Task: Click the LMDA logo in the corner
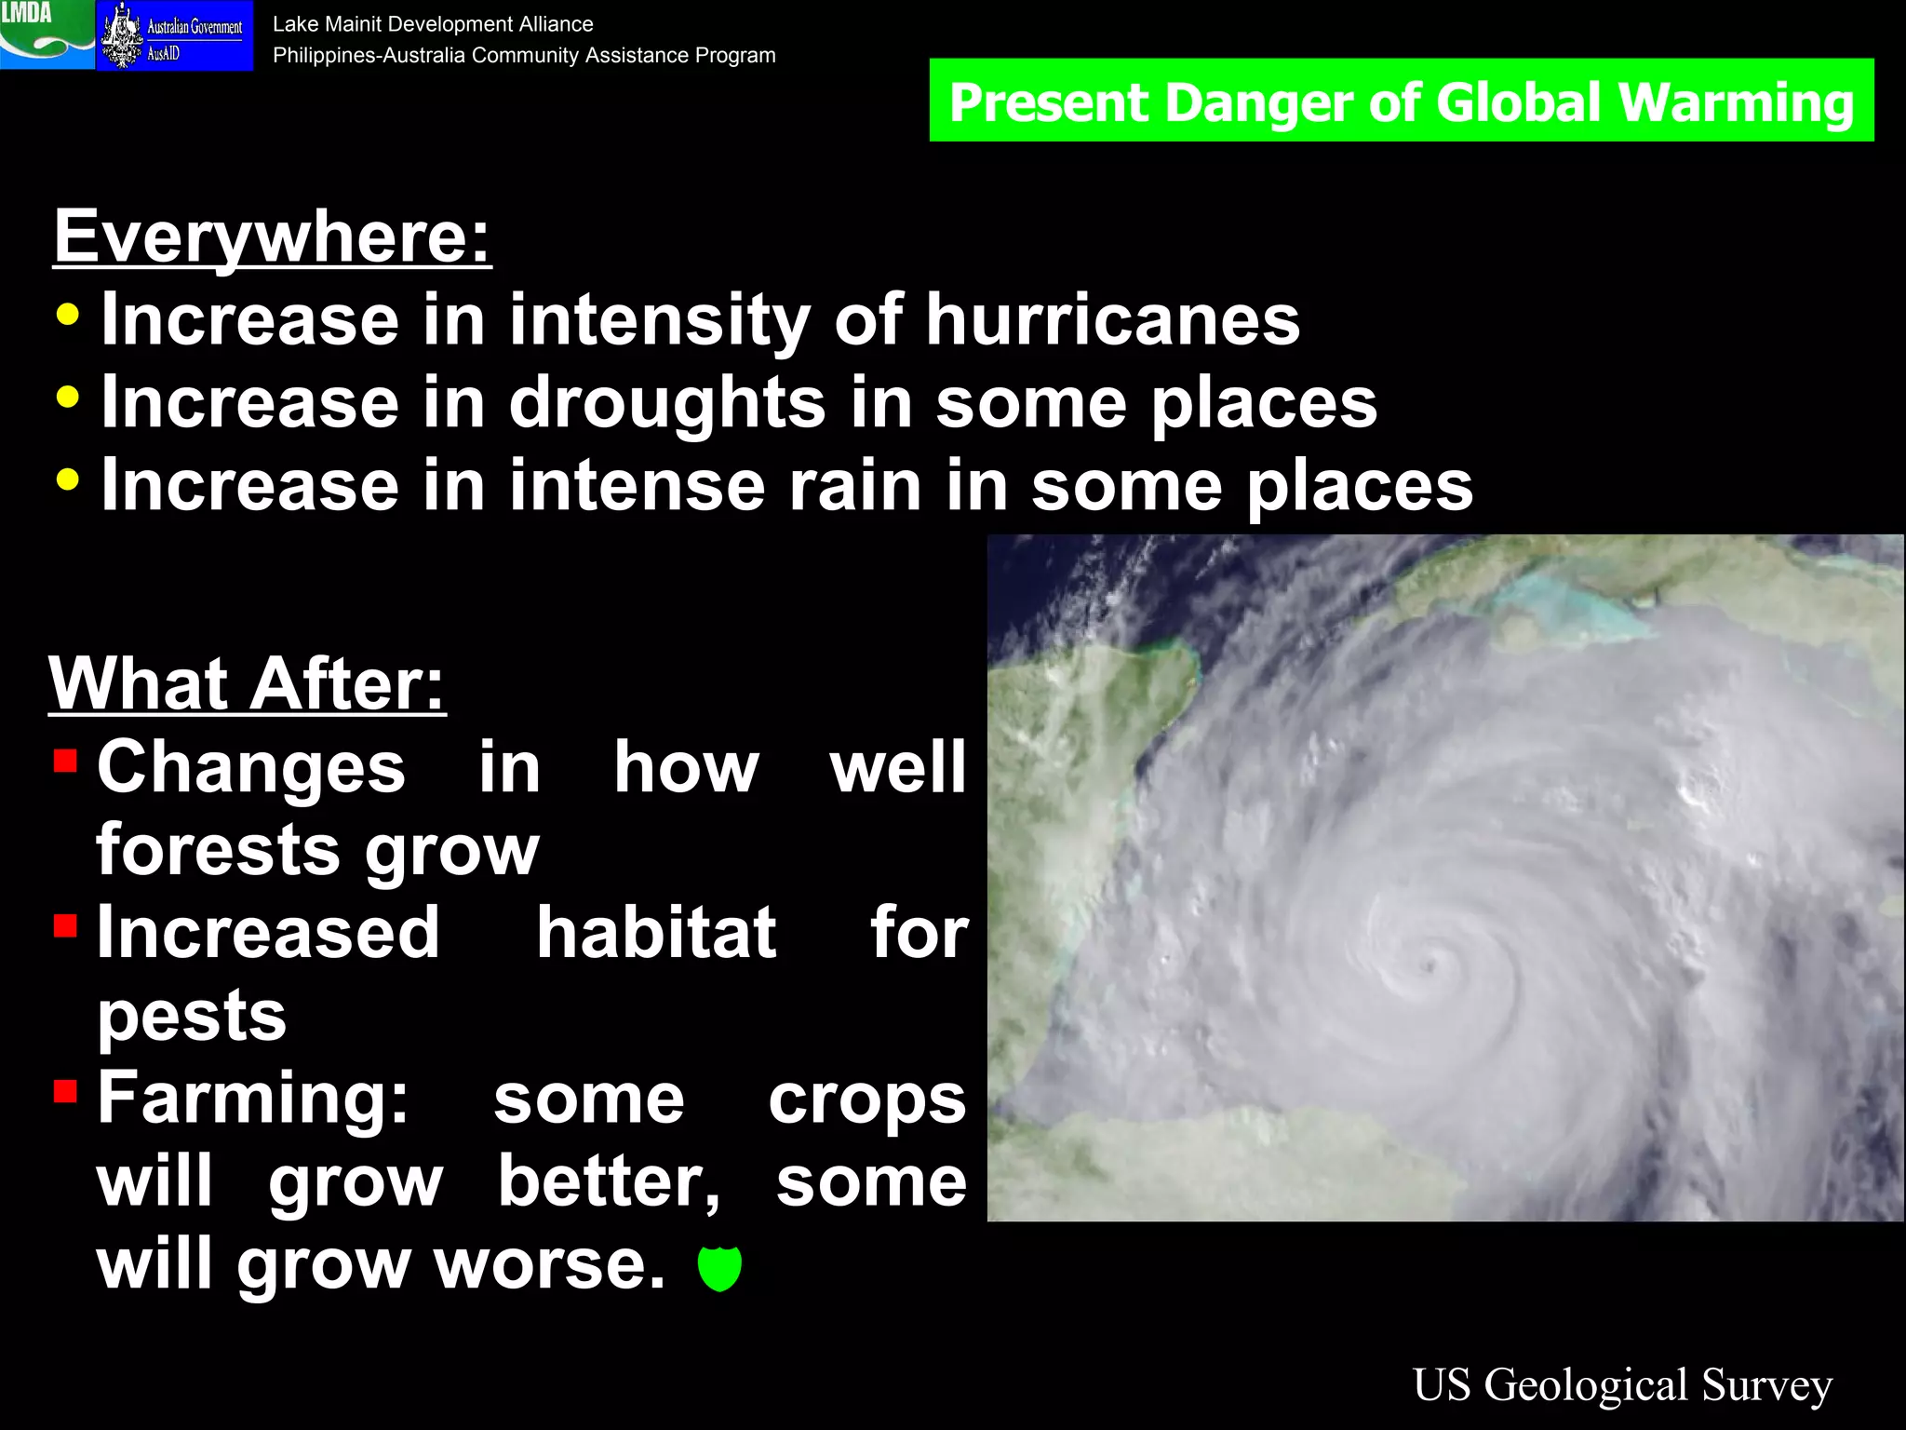coord(47,34)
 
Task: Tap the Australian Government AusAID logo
coord(175,35)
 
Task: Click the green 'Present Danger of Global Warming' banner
coord(1401,101)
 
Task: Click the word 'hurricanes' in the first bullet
coord(1112,320)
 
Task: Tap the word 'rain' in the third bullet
coord(855,486)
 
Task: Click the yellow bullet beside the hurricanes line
coord(68,315)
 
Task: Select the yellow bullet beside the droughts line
coord(68,398)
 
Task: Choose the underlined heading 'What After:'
coord(248,684)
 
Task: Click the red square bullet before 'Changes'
coord(65,762)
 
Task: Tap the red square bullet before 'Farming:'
coord(65,1091)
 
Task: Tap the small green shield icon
coord(719,1268)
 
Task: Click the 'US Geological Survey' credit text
coord(1622,1384)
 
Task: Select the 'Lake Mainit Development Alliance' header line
coord(433,24)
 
